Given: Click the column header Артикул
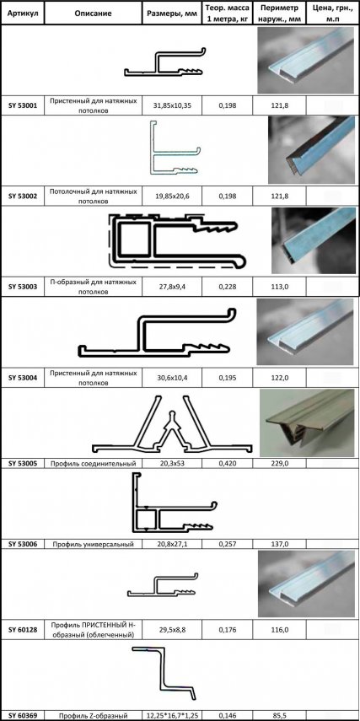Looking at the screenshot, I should point(22,13).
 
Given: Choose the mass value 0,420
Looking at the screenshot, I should point(225,463).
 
